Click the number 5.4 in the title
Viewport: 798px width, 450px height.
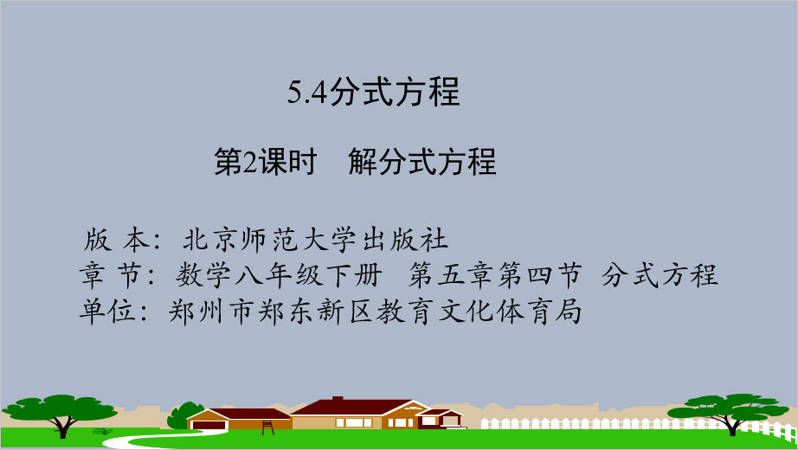[307, 93]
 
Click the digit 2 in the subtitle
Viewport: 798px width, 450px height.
[250, 162]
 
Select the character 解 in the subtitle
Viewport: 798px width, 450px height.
[363, 162]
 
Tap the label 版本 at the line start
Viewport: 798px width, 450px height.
[117, 240]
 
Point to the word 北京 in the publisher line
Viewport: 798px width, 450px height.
[210, 240]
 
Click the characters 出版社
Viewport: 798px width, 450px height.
[405, 240]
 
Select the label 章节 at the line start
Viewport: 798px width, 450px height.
[110, 275]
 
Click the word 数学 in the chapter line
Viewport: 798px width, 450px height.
[203, 275]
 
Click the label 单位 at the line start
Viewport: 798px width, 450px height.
[106, 311]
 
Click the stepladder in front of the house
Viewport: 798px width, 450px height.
[268, 427]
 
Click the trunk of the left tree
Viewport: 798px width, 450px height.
[62, 427]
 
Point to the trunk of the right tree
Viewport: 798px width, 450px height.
[732, 426]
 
